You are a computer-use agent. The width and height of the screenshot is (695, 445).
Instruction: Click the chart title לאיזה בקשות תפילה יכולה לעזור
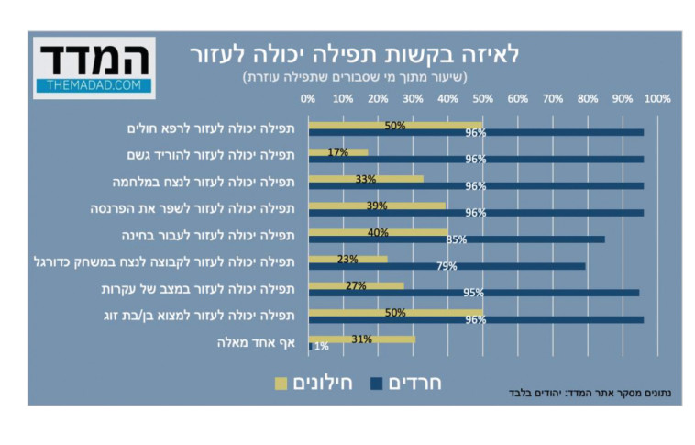(354, 54)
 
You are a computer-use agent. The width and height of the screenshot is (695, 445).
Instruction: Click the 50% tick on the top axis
(482, 98)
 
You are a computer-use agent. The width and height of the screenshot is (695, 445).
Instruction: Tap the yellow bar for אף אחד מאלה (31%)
(362, 339)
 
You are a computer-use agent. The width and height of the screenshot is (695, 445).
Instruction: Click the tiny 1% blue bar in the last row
(310, 346)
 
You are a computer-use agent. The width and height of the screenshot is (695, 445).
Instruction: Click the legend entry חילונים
(309, 383)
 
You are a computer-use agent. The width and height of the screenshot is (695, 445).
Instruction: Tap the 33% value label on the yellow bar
(365, 179)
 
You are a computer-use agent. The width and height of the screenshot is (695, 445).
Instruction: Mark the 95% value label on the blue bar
(474, 293)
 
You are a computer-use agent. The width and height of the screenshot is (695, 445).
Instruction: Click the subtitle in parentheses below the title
(354, 77)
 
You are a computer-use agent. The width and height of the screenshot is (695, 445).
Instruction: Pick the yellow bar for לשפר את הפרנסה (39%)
(377, 206)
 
